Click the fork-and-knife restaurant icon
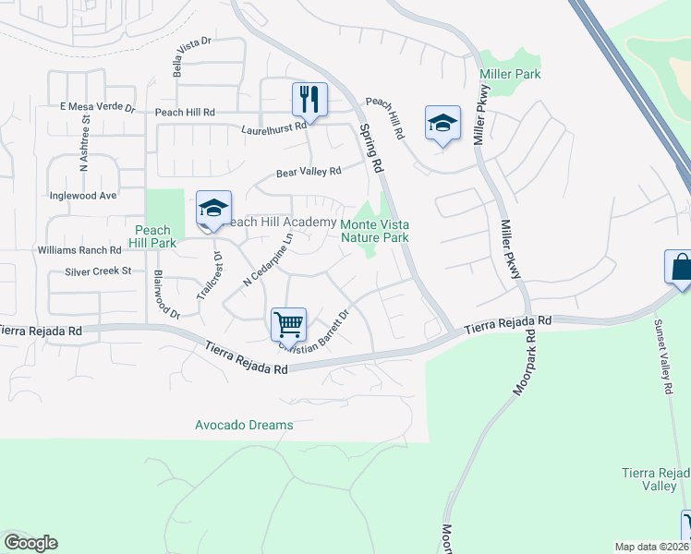point(309,99)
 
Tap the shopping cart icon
point(288,325)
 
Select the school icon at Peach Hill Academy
point(213,209)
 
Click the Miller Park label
point(510,74)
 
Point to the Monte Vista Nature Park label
point(375,231)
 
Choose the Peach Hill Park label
point(152,236)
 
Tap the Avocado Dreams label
point(244,425)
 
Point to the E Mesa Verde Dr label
point(97,108)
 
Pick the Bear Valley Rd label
point(309,172)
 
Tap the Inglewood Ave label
point(83,196)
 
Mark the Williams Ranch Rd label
point(79,250)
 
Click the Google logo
point(30,543)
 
